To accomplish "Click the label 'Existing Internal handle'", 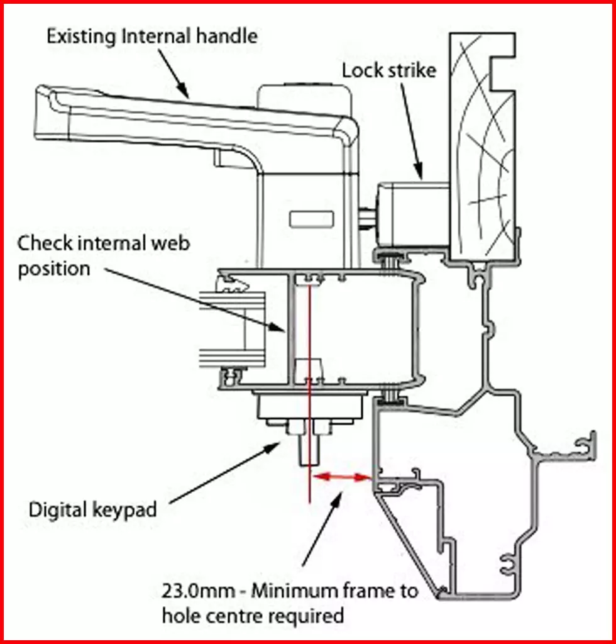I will pyautogui.click(x=151, y=36).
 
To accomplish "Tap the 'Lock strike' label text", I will pyautogui.click(x=388, y=70).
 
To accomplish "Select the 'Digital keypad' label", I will pyautogui.click(x=92, y=509).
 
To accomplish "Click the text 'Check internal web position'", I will pyautogui.click(x=103, y=255).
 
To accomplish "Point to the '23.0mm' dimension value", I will pyautogui.click(x=191, y=592).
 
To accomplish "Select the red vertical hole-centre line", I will pyautogui.click(x=309, y=390).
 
